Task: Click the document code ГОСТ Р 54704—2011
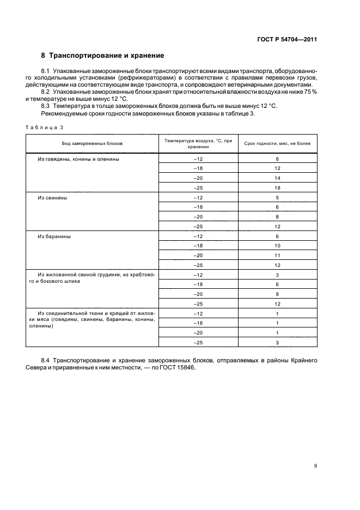pos(288,40)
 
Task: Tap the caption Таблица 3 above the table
pos(45,127)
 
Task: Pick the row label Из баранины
pos(54,236)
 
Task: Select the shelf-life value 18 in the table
pos(277,187)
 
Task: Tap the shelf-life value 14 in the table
pos(277,178)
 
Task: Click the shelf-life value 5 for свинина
pos(277,197)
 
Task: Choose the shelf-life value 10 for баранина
pos(277,246)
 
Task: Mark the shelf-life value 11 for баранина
pos(277,256)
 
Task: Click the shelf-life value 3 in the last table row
pos(277,342)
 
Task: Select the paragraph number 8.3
pos(46,105)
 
